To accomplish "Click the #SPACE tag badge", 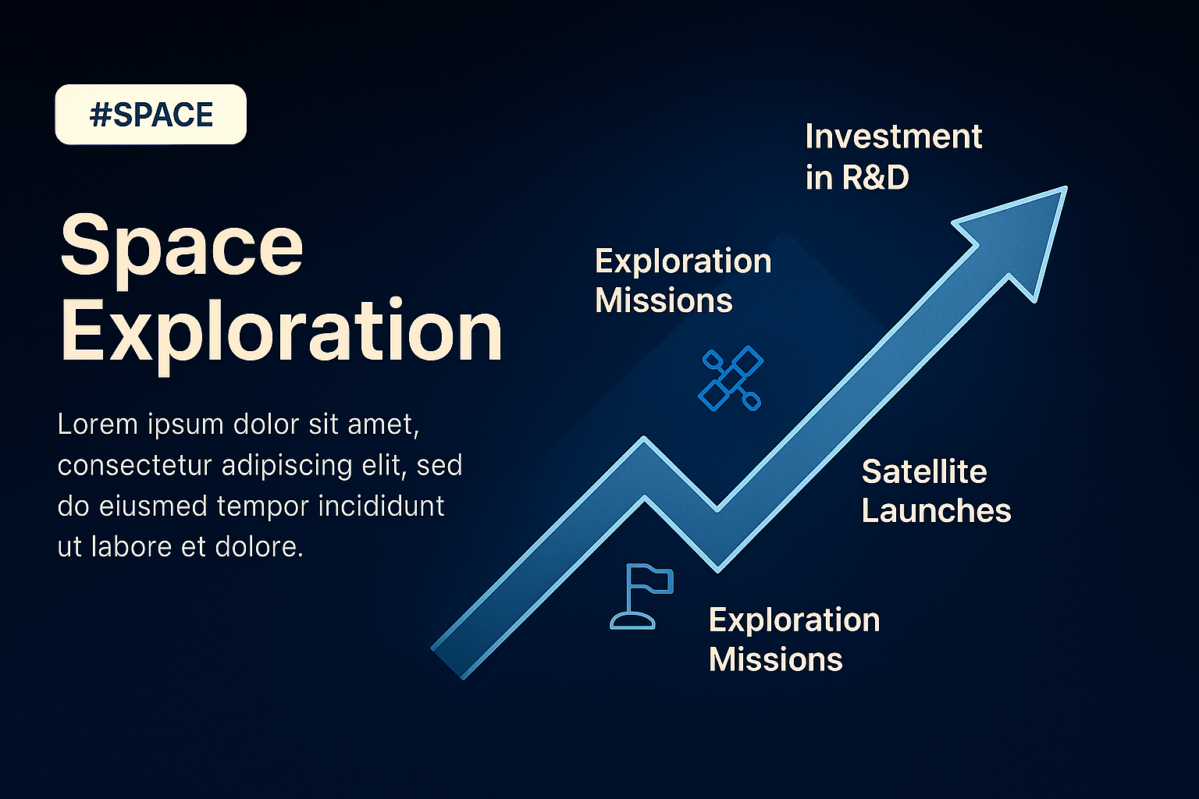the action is (151, 114).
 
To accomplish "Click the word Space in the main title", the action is (181, 250).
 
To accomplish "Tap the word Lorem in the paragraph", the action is (98, 424).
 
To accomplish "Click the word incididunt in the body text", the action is (381, 506).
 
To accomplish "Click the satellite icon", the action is (731, 378).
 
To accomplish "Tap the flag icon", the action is (642, 595).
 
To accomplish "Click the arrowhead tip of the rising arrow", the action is (1066, 187).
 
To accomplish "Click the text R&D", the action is (875, 177).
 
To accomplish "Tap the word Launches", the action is (936, 510).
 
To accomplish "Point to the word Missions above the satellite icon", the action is (664, 300).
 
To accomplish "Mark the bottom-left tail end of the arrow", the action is (448, 663).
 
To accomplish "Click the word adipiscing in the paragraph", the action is (286, 466).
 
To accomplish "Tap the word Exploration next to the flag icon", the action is (795, 621).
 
